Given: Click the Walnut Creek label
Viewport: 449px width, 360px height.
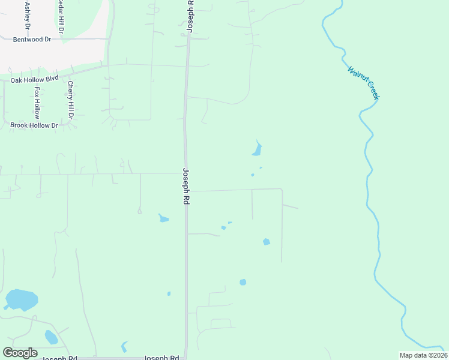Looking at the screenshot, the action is coord(364,82).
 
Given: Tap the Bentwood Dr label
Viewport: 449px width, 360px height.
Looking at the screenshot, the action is coord(32,39).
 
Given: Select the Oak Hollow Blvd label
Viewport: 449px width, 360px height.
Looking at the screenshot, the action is coord(34,79).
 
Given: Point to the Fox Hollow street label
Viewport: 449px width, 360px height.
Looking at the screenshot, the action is coord(37,102).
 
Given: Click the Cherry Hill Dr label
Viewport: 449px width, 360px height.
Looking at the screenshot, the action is coord(70,100).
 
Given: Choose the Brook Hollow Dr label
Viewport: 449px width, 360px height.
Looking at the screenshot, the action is coord(34,125).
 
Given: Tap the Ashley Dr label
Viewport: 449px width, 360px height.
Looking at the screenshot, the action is coord(27,16).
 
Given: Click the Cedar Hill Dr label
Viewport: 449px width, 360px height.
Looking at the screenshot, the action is coord(60,14).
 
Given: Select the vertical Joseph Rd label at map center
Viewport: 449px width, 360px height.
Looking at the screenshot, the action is coord(186,187).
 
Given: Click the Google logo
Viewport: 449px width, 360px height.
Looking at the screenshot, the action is coord(20,353).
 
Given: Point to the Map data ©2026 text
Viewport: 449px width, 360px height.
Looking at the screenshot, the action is coord(423,355).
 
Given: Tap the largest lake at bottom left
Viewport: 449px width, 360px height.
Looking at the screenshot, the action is coord(21,299).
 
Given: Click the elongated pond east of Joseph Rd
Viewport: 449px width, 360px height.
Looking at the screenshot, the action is coord(257,149).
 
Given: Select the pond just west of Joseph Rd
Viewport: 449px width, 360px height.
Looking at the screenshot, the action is coord(163,218).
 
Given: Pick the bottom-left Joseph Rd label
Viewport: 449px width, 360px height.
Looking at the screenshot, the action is coord(59,358).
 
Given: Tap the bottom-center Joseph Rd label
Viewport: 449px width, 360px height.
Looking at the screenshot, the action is coord(161,358).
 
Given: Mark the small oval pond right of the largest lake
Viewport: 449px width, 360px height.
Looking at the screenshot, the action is coord(51,337).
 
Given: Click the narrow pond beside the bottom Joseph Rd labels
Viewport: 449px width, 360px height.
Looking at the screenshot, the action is coord(124,346).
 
